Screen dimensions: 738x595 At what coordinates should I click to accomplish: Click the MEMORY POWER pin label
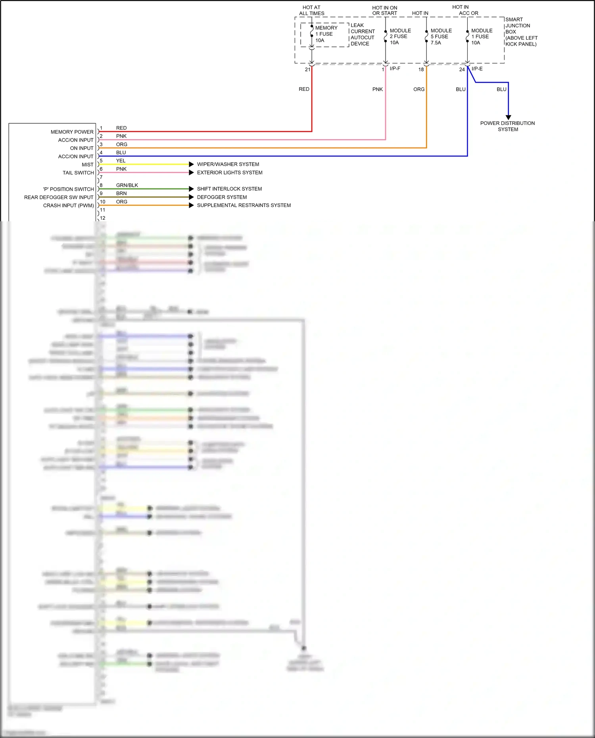(72, 132)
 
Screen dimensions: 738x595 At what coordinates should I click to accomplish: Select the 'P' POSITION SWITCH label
(68, 189)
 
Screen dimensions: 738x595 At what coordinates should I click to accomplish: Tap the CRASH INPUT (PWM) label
(68, 205)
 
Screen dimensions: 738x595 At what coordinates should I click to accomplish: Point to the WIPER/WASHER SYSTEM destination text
(228, 164)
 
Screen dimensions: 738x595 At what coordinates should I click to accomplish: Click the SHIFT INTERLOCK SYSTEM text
(229, 189)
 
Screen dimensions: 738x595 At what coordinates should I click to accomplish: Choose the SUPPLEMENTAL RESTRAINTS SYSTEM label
(244, 205)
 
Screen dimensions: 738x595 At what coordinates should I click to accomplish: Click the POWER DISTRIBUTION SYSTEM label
(507, 126)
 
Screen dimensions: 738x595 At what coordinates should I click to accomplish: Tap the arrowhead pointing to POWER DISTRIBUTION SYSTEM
(508, 117)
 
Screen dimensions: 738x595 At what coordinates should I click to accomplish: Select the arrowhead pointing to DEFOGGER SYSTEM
(191, 197)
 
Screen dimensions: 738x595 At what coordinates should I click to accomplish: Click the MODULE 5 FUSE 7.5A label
(441, 36)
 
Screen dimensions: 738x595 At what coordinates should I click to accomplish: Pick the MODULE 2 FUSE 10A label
(400, 36)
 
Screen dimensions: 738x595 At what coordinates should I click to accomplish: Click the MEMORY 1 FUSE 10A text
(326, 34)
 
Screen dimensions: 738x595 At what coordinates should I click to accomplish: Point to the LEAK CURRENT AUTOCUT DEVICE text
(362, 35)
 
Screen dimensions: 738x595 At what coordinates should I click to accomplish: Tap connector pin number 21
(307, 69)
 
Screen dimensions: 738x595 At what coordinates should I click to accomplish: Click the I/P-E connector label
(477, 69)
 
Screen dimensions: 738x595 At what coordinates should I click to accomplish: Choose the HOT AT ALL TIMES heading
(311, 10)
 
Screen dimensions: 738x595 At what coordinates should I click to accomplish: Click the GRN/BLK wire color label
(127, 185)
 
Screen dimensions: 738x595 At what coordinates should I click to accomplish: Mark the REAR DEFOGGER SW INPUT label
(59, 197)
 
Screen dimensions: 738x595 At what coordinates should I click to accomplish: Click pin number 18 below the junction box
(421, 69)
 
